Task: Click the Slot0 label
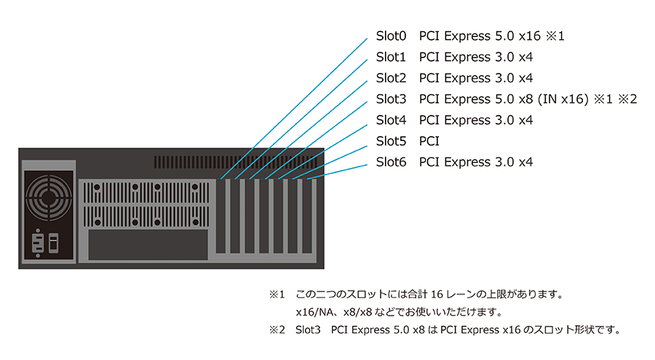point(391,36)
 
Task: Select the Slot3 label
point(391,99)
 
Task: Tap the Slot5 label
point(391,141)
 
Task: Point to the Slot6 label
point(391,162)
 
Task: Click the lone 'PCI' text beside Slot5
point(429,141)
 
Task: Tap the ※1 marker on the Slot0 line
point(556,36)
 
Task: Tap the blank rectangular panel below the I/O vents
point(146,244)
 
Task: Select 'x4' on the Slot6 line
point(525,162)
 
